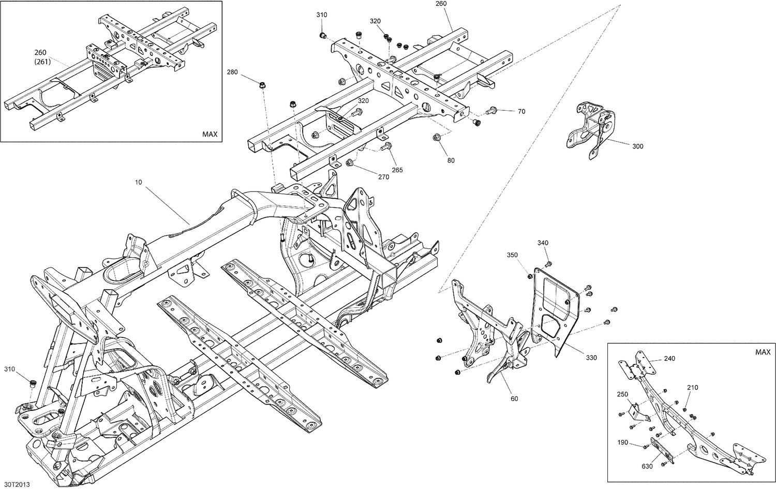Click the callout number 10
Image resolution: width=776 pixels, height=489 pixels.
[138, 182]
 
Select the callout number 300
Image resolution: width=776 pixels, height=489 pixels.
[638, 146]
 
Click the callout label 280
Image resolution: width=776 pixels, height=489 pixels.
[232, 72]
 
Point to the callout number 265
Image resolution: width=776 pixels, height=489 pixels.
[397, 170]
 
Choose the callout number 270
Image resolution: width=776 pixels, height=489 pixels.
[383, 177]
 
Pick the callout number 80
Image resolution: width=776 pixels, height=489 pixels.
[451, 160]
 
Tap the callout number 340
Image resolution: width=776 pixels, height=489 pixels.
[543, 243]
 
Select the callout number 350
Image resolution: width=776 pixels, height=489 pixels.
[512, 255]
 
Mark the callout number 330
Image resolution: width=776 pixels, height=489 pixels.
[591, 358]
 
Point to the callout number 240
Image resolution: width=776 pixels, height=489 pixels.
[655, 358]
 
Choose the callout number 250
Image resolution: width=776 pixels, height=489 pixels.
[622, 394]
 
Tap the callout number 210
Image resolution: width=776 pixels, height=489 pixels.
[693, 388]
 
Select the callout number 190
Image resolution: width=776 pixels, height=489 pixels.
[622, 442]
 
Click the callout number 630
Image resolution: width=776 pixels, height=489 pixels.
[647, 466]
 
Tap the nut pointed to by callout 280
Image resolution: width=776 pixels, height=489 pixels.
[263, 84]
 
